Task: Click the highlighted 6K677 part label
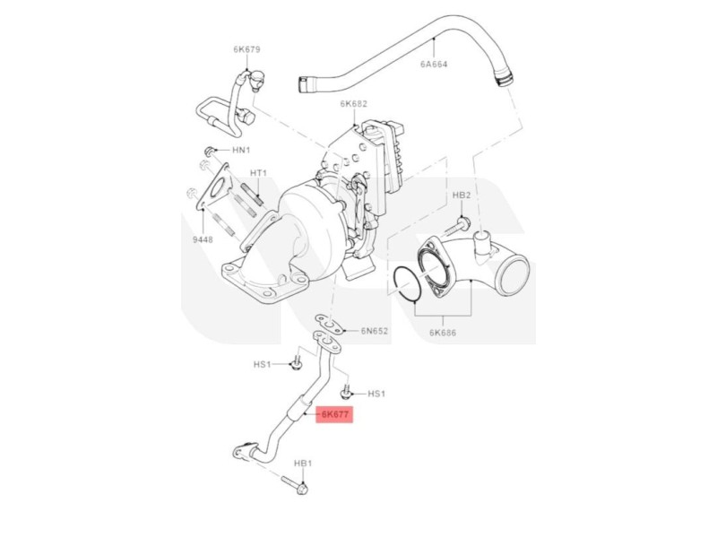point(336,414)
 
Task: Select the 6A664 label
point(433,65)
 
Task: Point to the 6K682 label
point(353,104)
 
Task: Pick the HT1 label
point(260,173)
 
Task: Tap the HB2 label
point(462,195)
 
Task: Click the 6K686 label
point(444,333)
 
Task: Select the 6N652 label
point(375,331)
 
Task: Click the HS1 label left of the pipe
point(262,364)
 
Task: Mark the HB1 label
point(303,463)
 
